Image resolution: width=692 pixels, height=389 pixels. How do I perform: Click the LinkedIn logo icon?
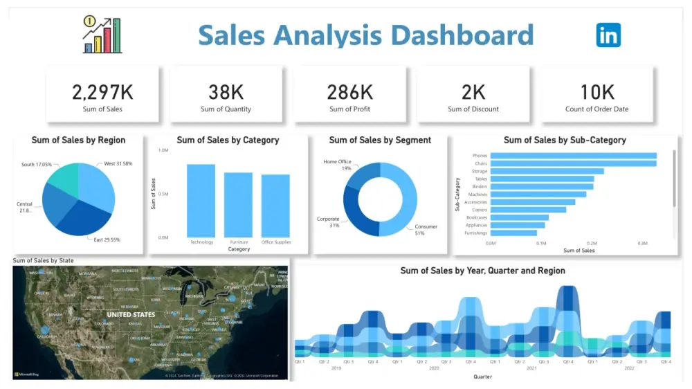pyautogui.click(x=608, y=35)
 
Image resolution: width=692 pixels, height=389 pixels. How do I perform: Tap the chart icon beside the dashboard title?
pyautogui.click(x=102, y=35)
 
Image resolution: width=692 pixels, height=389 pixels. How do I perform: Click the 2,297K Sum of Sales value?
pyautogui.click(x=102, y=91)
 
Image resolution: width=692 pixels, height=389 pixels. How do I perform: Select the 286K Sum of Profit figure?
pyautogui.click(x=349, y=91)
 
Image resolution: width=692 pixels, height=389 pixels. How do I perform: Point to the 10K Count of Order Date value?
pyautogui.click(x=597, y=91)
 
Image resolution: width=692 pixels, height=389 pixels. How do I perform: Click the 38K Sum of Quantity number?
pyautogui.click(x=226, y=91)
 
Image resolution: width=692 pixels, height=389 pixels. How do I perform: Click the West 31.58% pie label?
pyautogui.click(x=118, y=164)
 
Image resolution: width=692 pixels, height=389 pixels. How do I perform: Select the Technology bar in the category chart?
pyautogui.click(x=201, y=201)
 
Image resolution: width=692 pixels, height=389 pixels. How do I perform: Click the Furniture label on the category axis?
pyautogui.click(x=238, y=242)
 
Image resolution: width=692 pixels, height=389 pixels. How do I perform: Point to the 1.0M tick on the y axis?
pyautogui.click(x=164, y=150)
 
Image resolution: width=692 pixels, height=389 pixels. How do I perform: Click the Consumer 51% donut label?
pyautogui.click(x=426, y=230)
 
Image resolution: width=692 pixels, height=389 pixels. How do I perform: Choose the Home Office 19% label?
pyautogui.click(x=337, y=165)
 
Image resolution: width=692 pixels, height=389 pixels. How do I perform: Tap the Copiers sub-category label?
pyautogui.click(x=480, y=210)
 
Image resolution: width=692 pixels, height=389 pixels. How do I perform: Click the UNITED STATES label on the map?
pyautogui.click(x=131, y=315)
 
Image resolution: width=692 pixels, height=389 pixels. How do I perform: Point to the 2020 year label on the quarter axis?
pyautogui.click(x=434, y=368)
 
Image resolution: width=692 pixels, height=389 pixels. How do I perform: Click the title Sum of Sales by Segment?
pyautogui.click(x=380, y=140)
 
